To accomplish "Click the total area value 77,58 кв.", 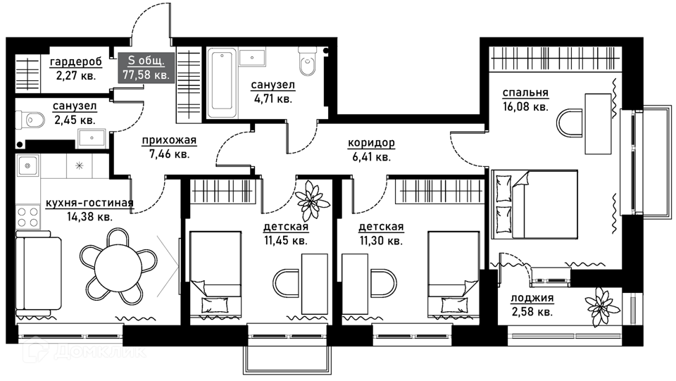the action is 146,75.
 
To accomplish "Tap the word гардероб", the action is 76,62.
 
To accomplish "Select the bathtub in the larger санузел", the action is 222,82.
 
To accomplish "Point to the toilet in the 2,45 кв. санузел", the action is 30,120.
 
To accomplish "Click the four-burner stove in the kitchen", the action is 28,217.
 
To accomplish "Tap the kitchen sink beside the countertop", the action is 28,165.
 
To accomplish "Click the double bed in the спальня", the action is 534,204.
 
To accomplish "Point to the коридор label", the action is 371,143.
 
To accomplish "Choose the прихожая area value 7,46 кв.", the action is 169,154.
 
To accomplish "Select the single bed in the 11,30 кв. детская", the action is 453,275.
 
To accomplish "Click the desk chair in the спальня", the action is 570,123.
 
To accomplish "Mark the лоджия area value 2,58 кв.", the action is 532,311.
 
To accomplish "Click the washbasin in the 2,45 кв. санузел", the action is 92,138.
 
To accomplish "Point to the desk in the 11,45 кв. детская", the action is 315,284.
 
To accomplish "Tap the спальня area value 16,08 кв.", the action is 525,106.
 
